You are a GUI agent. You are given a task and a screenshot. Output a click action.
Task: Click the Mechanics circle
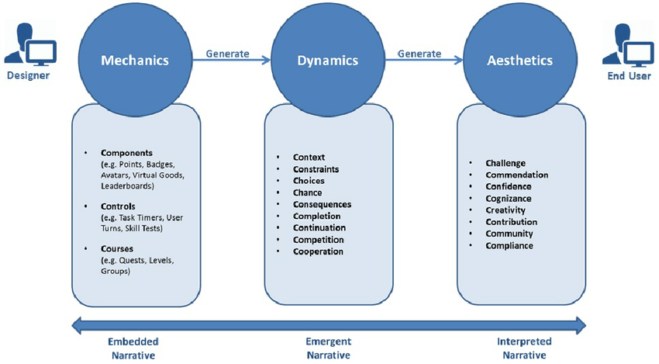coord(134,60)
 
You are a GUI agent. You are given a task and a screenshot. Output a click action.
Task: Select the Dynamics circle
coord(326,60)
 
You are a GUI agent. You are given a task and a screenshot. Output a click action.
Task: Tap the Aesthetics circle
coord(519,60)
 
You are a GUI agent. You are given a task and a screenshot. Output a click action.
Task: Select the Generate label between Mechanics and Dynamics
coord(227,54)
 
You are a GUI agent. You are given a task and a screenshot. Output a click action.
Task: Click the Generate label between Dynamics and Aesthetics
coord(419,54)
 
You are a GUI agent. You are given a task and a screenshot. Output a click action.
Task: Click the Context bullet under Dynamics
coord(309,158)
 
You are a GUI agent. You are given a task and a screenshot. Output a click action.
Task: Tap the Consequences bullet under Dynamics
coord(322,204)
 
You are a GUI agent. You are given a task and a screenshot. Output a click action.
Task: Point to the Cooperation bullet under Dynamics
coord(318,251)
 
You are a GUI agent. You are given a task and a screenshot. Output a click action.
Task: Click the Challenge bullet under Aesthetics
coord(505,163)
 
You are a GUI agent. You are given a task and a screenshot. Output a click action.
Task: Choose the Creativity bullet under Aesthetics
coord(505,210)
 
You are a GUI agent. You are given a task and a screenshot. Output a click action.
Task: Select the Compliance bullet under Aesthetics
coord(509,245)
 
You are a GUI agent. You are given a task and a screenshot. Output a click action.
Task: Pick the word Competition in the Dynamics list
coord(318,240)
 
